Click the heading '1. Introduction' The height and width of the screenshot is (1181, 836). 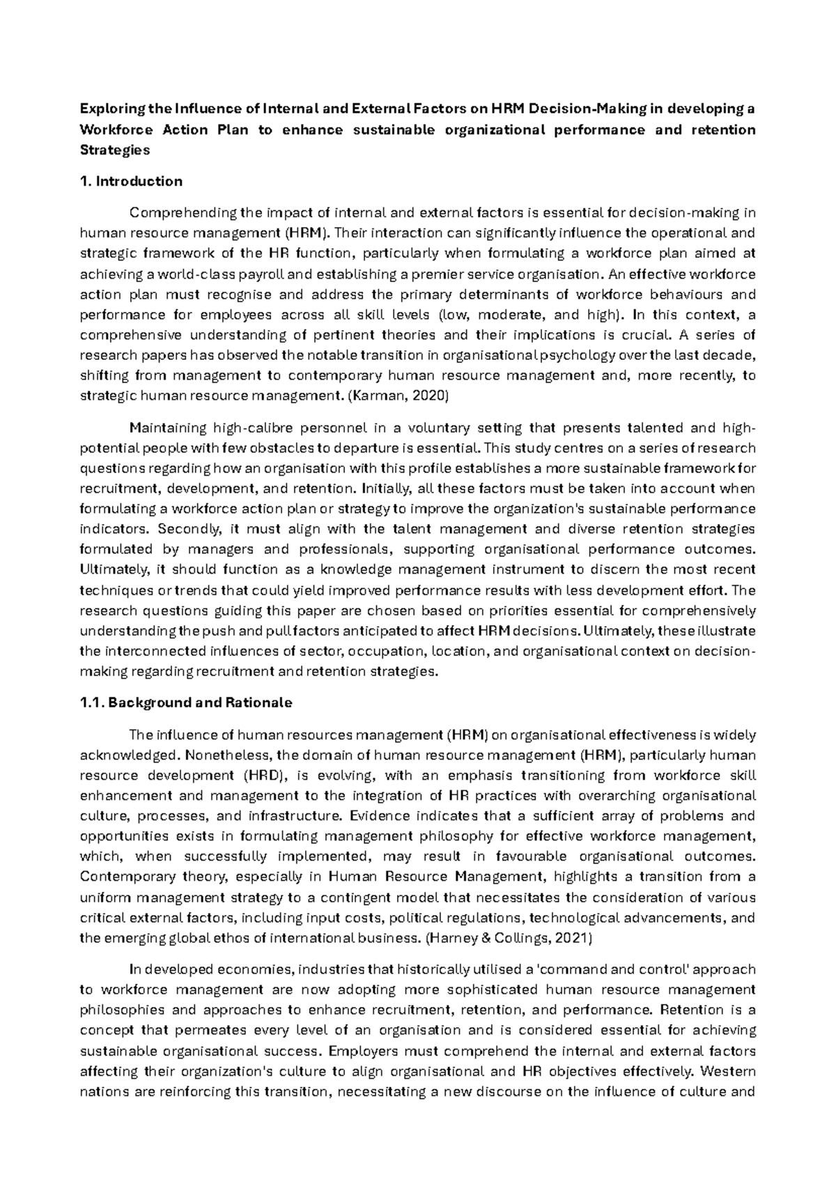(x=131, y=182)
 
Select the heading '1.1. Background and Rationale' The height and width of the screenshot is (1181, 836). (x=186, y=703)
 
